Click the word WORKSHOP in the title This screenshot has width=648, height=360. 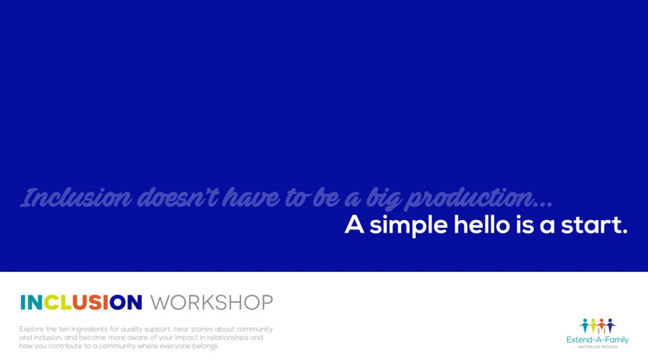click(211, 302)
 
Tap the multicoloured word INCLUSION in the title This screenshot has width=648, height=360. click(81, 302)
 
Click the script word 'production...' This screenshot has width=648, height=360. click(479, 199)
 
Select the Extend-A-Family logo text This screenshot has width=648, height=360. click(597, 340)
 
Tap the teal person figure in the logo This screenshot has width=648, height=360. click(585, 325)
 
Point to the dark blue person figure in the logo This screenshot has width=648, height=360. click(610, 325)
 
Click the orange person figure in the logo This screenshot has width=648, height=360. click(602, 325)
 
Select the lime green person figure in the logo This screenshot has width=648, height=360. click(593, 325)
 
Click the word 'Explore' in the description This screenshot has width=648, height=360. click(32, 329)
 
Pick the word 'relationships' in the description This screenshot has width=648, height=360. click(223, 338)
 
